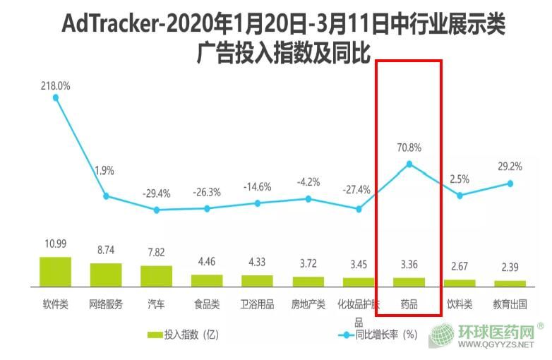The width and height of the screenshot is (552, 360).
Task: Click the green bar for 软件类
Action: click(x=55, y=272)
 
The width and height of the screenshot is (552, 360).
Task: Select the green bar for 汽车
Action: click(x=156, y=276)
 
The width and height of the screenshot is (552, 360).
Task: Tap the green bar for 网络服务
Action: click(x=106, y=275)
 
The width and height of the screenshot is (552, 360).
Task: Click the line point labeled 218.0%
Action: click(x=56, y=97)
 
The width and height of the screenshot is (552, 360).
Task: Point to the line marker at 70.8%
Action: click(x=409, y=164)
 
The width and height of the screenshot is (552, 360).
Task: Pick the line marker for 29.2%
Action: click(x=510, y=184)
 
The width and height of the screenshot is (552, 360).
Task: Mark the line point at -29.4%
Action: click(x=157, y=210)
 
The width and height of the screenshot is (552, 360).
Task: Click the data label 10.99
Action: click(x=55, y=244)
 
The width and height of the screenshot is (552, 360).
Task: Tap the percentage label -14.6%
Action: click(x=258, y=187)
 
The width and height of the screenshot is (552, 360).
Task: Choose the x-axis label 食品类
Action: click(x=207, y=305)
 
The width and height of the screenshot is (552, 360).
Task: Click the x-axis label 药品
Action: click(x=409, y=305)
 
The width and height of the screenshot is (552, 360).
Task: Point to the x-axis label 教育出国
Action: click(x=510, y=305)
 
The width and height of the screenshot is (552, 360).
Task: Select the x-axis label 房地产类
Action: click(x=308, y=305)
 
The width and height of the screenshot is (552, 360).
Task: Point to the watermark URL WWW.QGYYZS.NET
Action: click(x=497, y=346)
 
